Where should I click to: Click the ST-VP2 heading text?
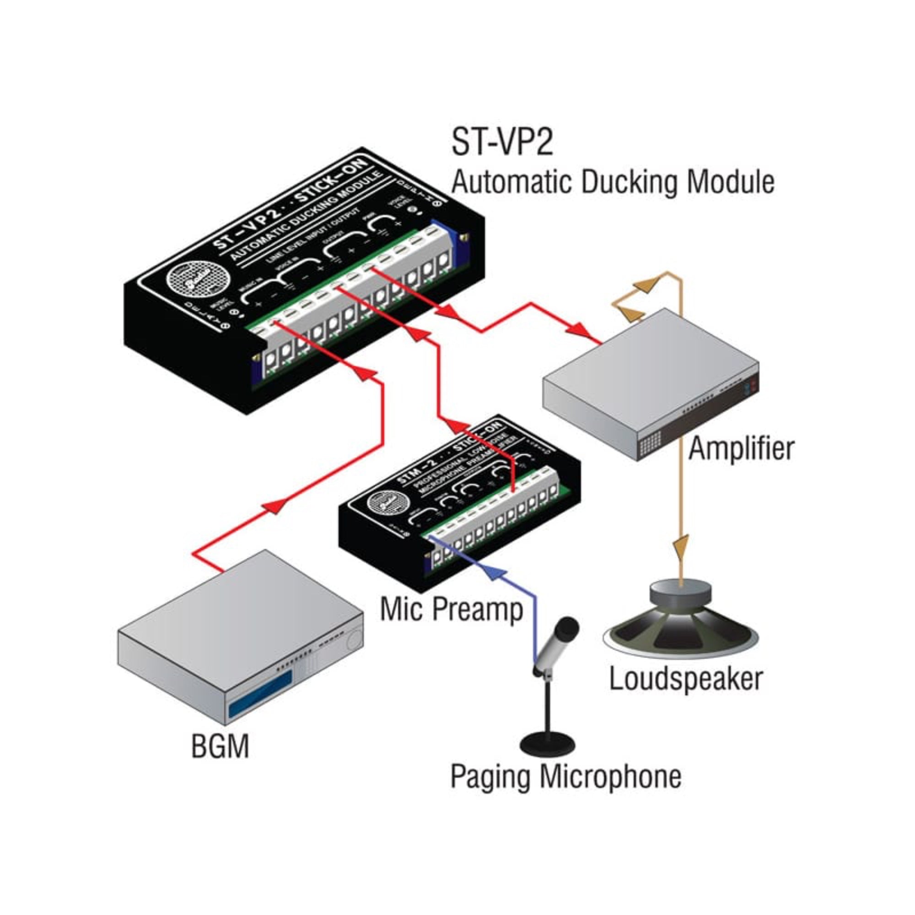point(502,142)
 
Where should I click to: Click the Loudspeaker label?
point(685,678)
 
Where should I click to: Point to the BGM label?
point(220,746)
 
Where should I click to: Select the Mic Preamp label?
point(452,609)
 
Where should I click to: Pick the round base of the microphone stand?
point(548,742)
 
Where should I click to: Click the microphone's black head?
point(566,629)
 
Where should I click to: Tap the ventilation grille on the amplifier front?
point(650,444)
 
